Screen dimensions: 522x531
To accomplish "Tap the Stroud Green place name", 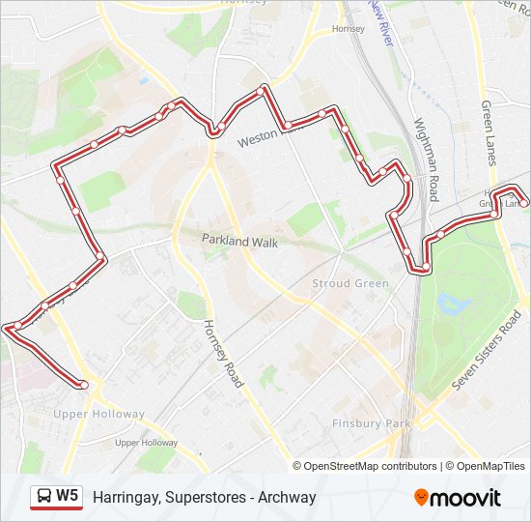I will (x=350, y=283).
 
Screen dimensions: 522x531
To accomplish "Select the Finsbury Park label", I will (x=371, y=423).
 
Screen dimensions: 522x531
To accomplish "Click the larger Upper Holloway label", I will (x=98, y=414).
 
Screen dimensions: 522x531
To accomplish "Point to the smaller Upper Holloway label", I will (x=146, y=442).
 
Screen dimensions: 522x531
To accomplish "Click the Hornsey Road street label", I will (x=223, y=353).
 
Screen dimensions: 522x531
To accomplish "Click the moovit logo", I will (x=458, y=498).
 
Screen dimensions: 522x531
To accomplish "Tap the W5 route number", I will (x=67, y=497).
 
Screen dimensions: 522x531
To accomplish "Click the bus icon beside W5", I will (x=44, y=497).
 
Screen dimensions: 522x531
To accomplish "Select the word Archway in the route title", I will (x=287, y=498).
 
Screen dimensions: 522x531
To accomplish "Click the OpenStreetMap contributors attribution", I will (x=371, y=466).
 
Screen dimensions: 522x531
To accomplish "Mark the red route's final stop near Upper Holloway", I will (x=84, y=385).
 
